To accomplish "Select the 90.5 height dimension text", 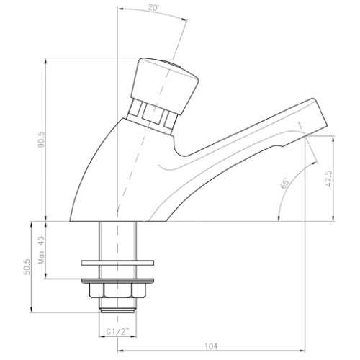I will coord(42,139).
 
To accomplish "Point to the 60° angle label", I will coord(285,184).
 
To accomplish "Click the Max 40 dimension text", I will coord(42,249).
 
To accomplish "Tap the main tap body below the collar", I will coord(122,173).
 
